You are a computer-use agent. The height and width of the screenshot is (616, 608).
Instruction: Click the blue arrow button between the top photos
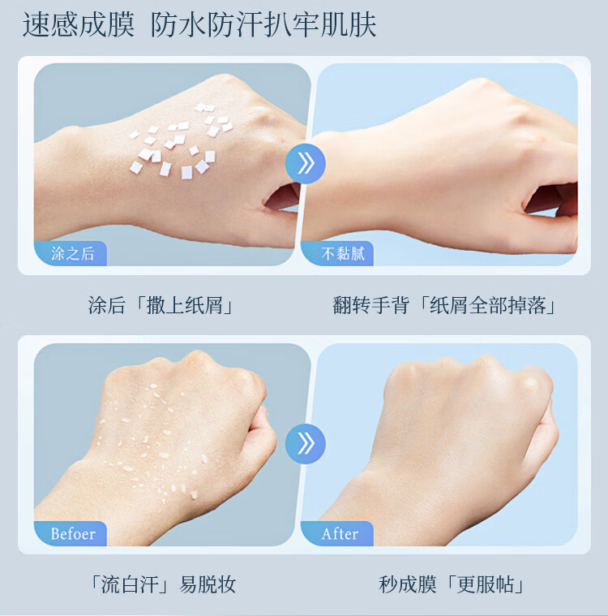(306, 163)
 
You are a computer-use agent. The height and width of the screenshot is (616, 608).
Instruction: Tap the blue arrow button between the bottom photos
(306, 444)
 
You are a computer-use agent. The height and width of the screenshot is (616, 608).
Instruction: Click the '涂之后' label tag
(71, 253)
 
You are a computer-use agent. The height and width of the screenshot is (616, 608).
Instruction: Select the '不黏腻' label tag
(337, 253)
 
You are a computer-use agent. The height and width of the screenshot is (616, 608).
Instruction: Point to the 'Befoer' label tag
(71, 533)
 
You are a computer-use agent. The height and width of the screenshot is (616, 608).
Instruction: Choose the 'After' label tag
(337, 533)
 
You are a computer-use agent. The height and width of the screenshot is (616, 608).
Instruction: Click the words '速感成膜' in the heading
(79, 24)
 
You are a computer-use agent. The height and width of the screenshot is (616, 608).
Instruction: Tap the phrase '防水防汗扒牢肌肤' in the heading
(263, 24)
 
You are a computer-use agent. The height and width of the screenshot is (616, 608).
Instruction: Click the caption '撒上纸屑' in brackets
(185, 305)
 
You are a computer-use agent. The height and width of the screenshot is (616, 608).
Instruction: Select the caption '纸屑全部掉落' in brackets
(487, 305)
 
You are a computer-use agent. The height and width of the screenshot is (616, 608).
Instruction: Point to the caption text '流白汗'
(130, 584)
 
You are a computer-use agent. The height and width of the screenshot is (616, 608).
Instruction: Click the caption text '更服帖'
(486, 584)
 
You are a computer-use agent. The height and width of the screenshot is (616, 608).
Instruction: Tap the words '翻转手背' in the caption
(371, 305)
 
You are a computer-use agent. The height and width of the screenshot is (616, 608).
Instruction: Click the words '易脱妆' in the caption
(208, 584)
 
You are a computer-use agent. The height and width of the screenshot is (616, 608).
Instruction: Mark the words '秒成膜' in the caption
(408, 584)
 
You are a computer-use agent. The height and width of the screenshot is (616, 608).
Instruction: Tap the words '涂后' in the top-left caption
(106, 305)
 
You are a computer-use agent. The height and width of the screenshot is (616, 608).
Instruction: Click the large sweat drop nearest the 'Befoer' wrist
(194, 494)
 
